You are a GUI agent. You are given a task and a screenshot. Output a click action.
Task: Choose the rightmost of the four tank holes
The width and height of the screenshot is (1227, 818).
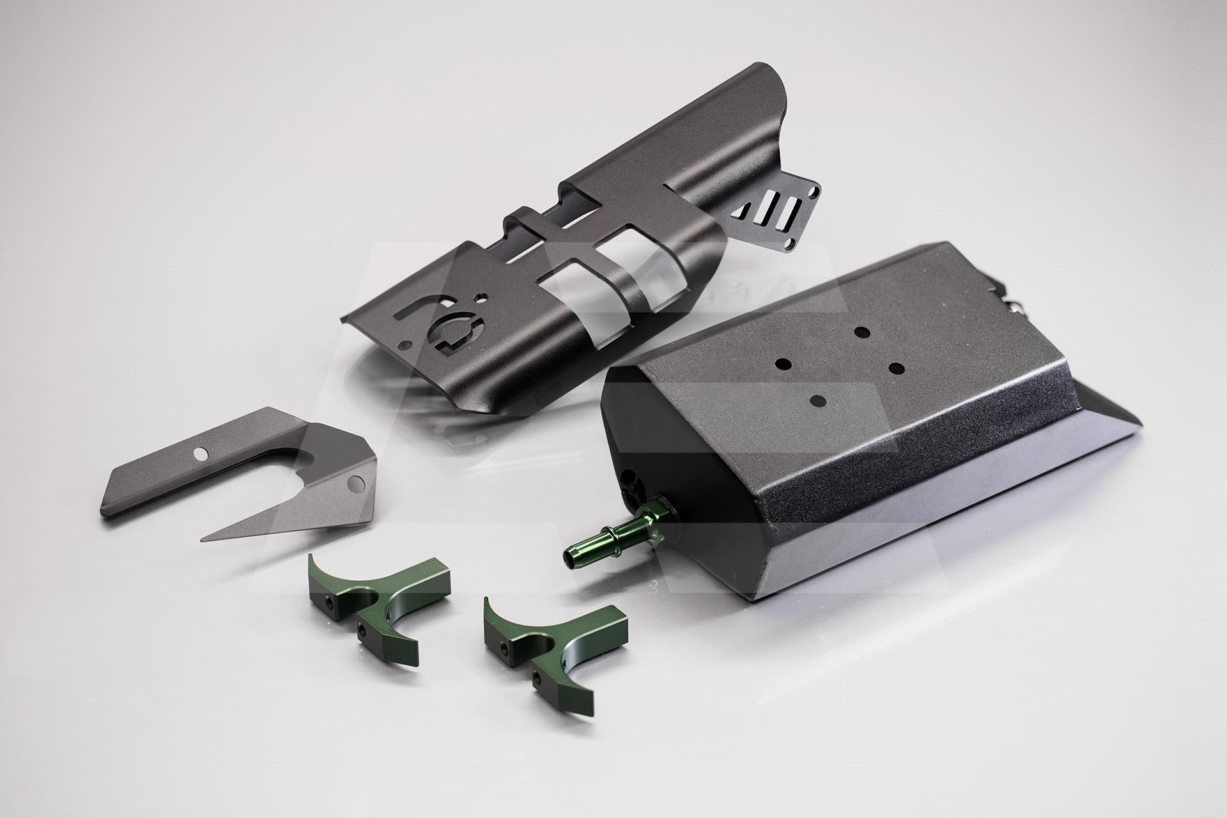click(x=894, y=368)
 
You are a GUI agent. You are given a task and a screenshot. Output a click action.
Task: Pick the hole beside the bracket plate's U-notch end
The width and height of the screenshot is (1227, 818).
click(x=355, y=481)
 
